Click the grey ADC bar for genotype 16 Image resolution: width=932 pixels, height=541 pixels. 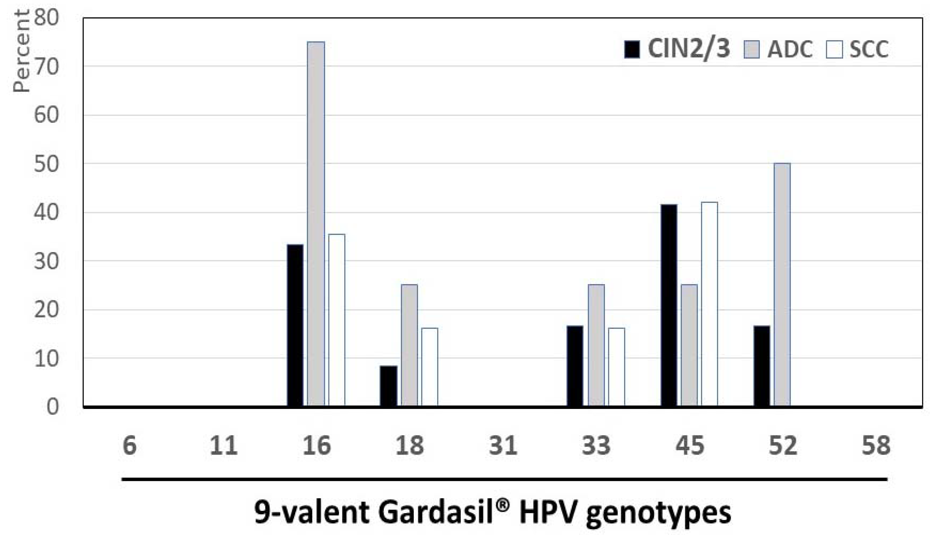316,224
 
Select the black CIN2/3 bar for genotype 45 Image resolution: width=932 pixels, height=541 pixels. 669,305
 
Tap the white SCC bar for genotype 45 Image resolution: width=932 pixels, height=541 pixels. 709,304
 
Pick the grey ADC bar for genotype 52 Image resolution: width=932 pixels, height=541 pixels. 782,285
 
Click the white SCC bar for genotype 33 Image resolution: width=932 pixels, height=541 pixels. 616,367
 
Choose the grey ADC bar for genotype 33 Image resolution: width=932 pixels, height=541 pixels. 596,345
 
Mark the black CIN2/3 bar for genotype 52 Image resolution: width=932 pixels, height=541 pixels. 762,366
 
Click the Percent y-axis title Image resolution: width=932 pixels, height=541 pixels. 21,51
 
